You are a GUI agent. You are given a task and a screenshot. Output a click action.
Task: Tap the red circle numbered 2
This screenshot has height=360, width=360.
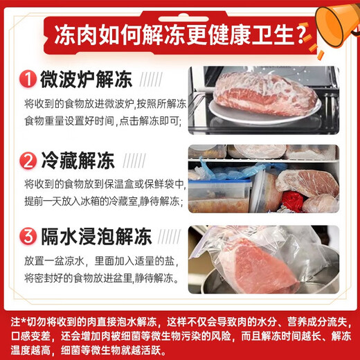coord(28,161)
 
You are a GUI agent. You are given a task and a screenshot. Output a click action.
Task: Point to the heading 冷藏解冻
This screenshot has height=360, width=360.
coord(75,161)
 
